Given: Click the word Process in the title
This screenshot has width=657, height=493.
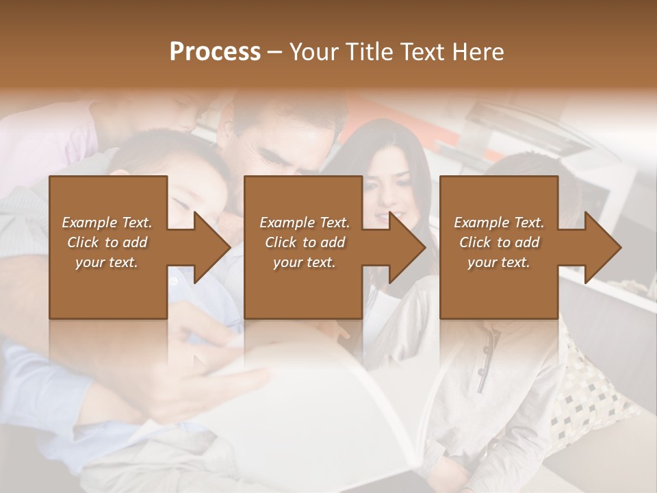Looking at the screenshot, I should tap(215, 52).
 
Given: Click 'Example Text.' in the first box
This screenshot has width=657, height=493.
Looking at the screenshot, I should tap(107, 223).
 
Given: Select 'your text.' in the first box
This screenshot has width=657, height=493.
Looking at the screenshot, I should tap(107, 262).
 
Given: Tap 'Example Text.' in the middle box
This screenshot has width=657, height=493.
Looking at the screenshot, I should tap(305, 223).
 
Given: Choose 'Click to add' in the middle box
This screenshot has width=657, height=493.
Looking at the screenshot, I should tap(305, 242).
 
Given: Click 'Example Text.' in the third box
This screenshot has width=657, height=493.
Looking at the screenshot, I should tap(499, 223).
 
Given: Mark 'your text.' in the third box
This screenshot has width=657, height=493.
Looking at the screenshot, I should tap(499, 262).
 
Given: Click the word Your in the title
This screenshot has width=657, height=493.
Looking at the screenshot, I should tap(312, 52).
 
